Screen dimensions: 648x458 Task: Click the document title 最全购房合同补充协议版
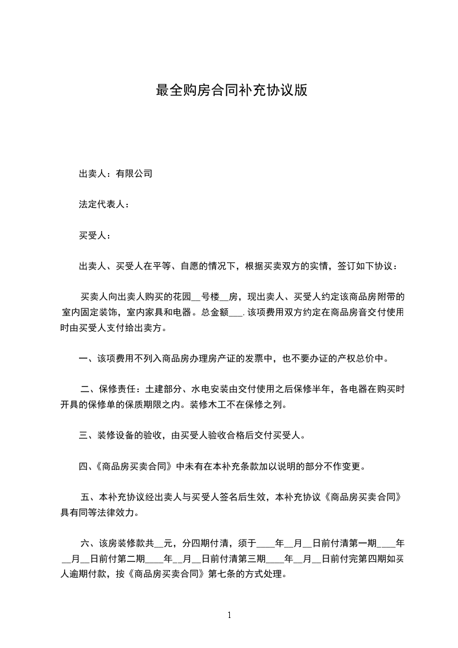point(230,91)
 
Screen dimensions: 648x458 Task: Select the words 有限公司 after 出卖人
point(134,173)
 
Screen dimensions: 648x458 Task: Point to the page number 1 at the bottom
point(229,615)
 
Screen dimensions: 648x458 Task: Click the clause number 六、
point(89,543)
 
